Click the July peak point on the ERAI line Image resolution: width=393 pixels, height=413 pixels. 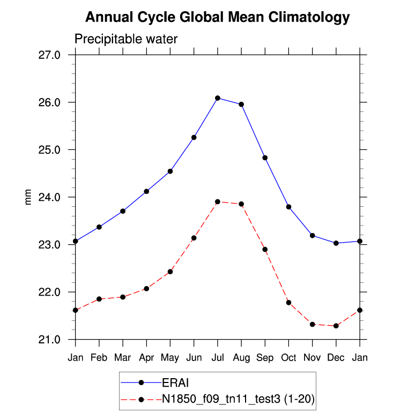click(x=218, y=98)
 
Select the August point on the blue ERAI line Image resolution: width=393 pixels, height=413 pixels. click(x=241, y=104)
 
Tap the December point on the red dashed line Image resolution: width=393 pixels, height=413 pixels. click(x=336, y=326)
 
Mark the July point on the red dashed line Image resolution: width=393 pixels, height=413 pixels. click(x=218, y=201)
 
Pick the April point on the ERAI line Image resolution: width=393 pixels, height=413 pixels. click(x=146, y=191)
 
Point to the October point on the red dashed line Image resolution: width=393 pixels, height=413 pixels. click(x=289, y=303)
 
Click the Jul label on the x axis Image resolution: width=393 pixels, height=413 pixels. click(x=218, y=358)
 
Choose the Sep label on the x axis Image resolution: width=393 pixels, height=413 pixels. click(x=265, y=358)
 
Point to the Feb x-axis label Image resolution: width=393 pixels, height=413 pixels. click(x=99, y=358)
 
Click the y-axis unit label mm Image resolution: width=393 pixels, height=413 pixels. click(x=29, y=197)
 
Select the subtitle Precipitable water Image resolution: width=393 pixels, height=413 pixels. click(x=125, y=39)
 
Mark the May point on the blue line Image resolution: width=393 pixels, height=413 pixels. click(x=170, y=171)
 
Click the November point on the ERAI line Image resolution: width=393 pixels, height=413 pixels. click(x=313, y=236)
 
